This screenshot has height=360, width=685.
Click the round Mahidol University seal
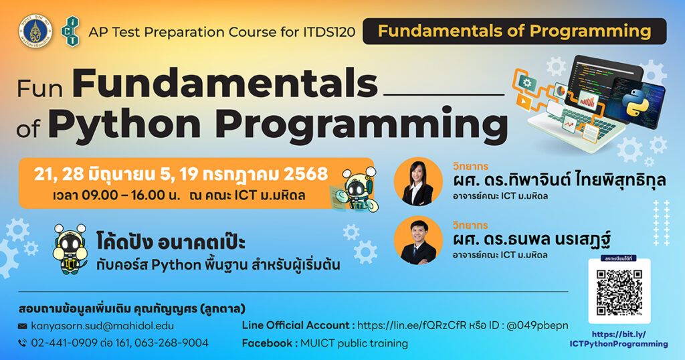35,31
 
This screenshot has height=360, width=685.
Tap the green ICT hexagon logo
70,31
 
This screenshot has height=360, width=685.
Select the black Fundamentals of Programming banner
514,31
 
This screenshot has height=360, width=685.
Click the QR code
619,292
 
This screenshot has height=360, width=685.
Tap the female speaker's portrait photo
418,181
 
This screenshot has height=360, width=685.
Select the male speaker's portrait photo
418,240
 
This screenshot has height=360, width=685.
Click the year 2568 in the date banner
306,174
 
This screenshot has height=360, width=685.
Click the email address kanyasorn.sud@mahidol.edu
102,326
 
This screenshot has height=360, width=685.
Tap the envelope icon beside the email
22,327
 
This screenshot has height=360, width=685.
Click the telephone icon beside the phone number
22,343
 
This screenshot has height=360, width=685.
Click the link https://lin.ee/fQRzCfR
411,325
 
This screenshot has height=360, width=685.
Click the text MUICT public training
354,343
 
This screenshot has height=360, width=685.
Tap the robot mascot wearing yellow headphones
70,249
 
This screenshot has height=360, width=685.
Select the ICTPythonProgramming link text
619,344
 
